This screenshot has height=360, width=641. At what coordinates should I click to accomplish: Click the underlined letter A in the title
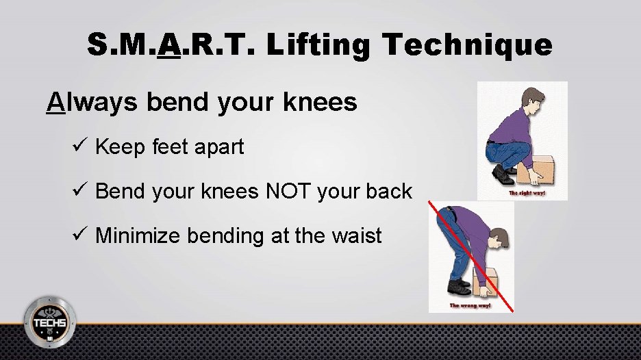[168, 45]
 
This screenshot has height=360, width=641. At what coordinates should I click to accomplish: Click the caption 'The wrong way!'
[470, 305]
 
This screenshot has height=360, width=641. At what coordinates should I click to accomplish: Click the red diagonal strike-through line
[473, 257]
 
